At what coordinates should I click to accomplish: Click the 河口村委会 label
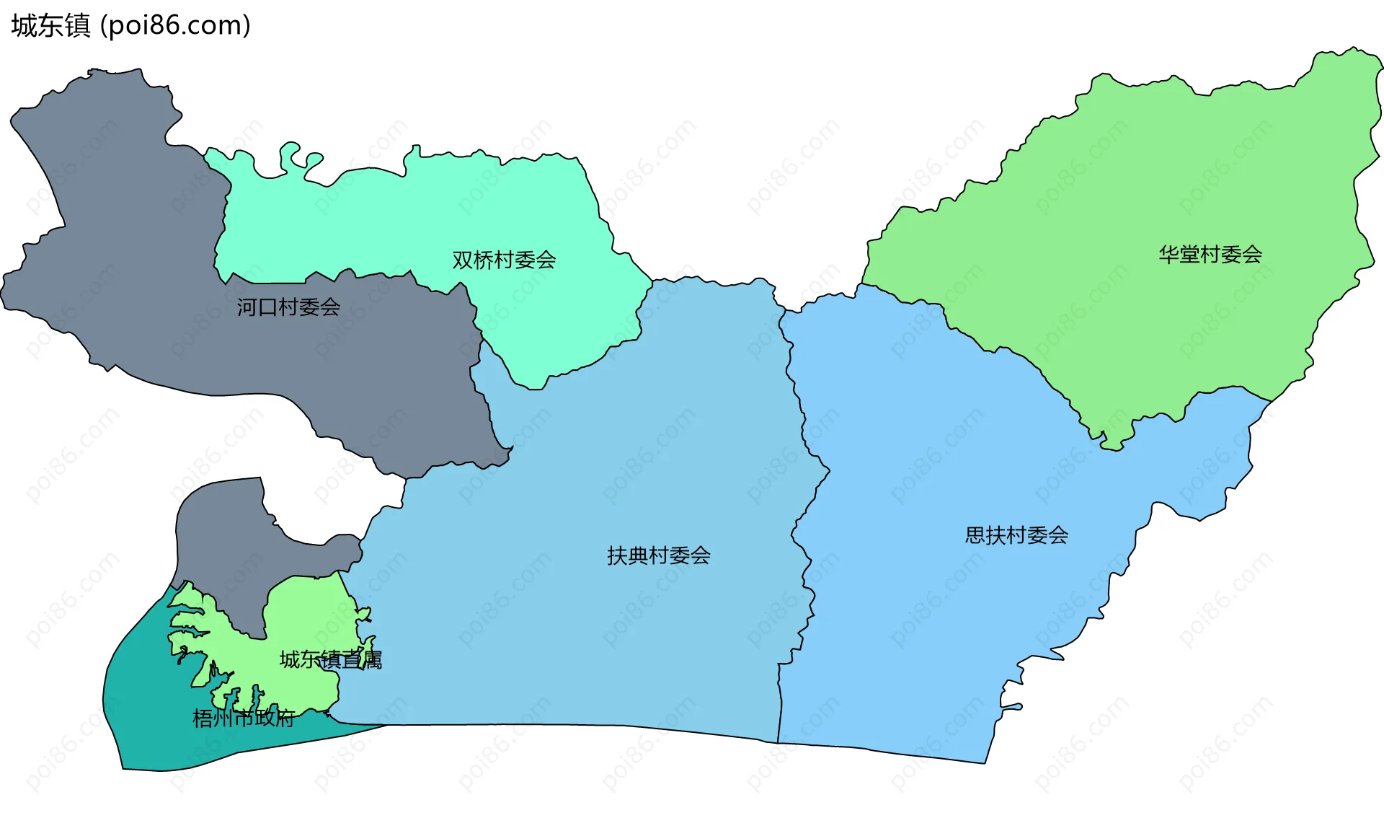(x=288, y=307)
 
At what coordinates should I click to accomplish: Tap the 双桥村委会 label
(x=504, y=260)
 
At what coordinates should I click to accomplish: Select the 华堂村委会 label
(x=1210, y=254)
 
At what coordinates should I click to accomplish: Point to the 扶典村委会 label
(x=659, y=555)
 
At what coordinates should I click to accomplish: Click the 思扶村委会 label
(x=1016, y=535)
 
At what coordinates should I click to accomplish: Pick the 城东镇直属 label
(x=331, y=659)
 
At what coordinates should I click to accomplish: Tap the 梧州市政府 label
(x=244, y=718)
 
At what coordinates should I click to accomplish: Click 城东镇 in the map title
(x=50, y=26)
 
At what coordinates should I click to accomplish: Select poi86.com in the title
(x=175, y=26)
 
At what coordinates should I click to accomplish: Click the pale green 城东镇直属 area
(x=303, y=613)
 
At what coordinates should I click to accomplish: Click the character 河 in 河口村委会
(x=247, y=307)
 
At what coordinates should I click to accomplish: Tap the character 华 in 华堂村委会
(x=1168, y=254)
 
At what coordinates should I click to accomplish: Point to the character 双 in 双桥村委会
(x=462, y=260)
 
